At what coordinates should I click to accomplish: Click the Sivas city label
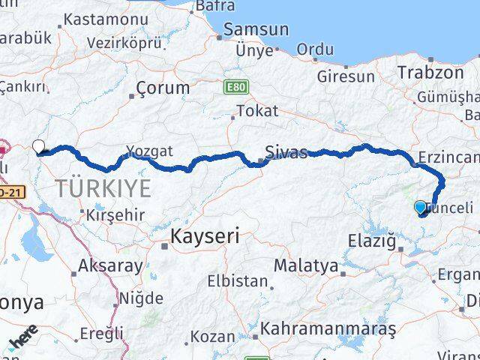[x=286, y=153]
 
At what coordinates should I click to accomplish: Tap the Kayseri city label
[x=204, y=237]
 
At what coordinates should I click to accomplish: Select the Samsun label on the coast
[x=254, y=30]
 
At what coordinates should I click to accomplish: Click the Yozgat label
[x=149, y=151]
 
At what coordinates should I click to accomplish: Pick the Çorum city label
[x=163, y=88]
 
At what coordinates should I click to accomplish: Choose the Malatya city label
[x=305, y=265]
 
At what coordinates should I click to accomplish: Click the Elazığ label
[x=372, y=241]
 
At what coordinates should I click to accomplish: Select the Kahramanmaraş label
[x=328, y=328]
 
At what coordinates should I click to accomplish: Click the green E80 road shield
[x=234, y=88]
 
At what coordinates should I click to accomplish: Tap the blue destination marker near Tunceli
[x=420, y=207]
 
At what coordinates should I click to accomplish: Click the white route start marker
[x=39, y=145]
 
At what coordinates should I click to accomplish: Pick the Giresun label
[x=346, y=76]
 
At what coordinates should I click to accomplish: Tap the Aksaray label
[x=111, y=265]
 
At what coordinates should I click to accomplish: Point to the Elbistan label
[x=238, y=282]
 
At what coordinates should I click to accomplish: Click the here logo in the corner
[x=22, y=344]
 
